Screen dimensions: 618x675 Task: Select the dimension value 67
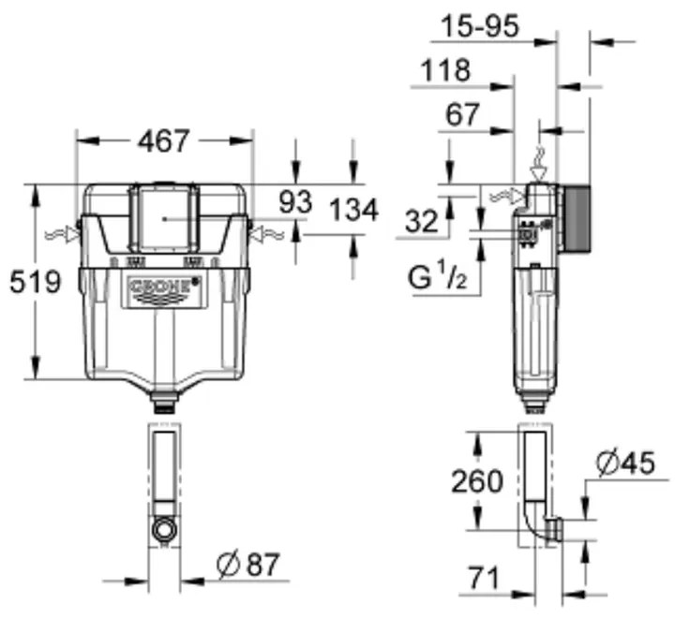pyautogui.click(x=462, y=114)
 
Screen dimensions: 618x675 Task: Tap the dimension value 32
pyautogui.click(x=423, y=222)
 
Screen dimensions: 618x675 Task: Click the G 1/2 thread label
pyautogui.click(x=435, y=278)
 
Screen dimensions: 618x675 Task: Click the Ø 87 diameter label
pyautogui.click(x=247, y=566)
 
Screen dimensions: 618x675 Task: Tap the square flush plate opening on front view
pyautogui.click(x=164, y=216)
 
